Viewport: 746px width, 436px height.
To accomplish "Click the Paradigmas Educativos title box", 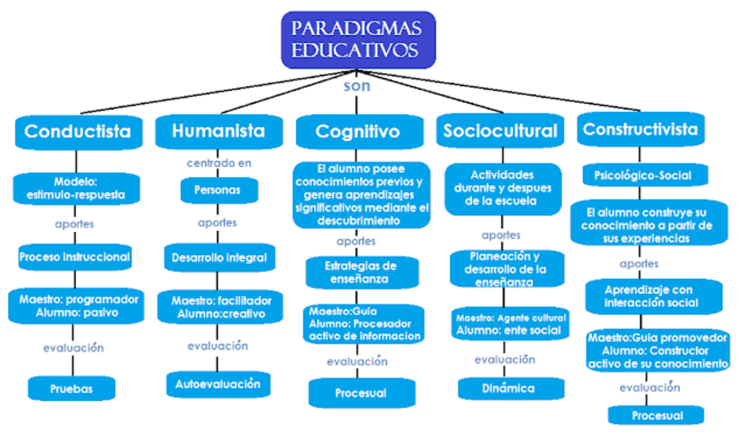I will (x=358, y=40).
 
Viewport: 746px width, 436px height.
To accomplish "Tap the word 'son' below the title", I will (x=357, y=86).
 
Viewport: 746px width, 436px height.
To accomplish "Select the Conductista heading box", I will (x=77, y=131).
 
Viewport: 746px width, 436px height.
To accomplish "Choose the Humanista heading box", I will (x=218, y=131).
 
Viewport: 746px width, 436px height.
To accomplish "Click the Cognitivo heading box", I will (x=358, y=132).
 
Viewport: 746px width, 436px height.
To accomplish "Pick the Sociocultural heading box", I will (x=501, y=131).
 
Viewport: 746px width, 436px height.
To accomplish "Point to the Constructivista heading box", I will (x=640, y=129).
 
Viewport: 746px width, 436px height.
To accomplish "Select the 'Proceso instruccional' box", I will (x=75, y=257).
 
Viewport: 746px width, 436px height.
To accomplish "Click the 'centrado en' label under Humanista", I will (x=218, y=164).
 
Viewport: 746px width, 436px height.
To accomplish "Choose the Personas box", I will (x=217, y=191).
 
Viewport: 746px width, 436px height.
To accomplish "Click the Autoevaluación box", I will (x=218, y=384).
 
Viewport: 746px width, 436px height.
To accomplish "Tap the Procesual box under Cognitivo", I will (x=360, y=393).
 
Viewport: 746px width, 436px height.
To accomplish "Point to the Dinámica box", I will (x=508, y=388).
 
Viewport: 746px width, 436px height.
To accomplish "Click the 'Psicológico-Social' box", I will (x=643, y=176).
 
